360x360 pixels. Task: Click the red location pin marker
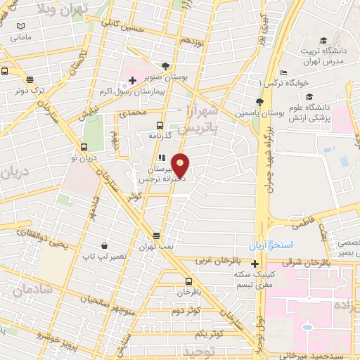[181, 165]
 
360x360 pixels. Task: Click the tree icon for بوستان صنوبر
[166, 67]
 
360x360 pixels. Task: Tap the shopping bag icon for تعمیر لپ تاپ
[105, 246]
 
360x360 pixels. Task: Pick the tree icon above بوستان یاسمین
[259, 102]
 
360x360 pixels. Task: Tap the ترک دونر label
[30, 91]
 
